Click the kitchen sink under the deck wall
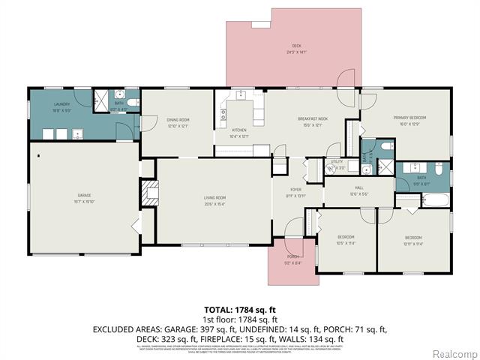[240, 95]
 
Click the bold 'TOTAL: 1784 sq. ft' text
[239, 309]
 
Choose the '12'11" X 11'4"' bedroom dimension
[413, 242]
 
